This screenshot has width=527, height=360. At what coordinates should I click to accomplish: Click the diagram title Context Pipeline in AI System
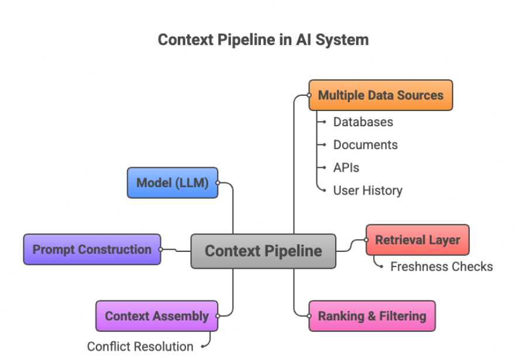(263, 40)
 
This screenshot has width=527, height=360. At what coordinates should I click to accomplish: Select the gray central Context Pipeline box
(263, 251)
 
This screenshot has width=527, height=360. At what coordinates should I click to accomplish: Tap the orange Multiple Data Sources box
(380, 95)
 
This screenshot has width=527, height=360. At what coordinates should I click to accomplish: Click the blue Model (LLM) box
(172, 182)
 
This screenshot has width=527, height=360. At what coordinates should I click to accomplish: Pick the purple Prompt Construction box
(92, 250)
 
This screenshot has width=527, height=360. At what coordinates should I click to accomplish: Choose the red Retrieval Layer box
(417, 240)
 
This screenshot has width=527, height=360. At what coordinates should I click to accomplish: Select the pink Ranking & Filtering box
(372, 316)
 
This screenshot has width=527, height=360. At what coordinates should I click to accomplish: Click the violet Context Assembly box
(156, 316)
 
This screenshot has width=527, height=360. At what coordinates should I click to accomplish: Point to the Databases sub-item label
(363, 122)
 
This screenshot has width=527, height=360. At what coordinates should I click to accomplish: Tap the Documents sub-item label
(365, 145)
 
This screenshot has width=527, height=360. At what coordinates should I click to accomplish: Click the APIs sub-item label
(346, 168)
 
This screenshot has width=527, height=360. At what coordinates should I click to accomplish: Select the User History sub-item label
(367, 191)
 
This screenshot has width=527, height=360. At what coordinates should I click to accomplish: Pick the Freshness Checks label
(441, 266)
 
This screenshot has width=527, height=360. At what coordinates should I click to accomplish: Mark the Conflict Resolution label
(140, 347)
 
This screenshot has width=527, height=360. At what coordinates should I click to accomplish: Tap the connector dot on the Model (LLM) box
(218, 182)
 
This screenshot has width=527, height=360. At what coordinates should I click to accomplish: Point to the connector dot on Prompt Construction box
(161, 250)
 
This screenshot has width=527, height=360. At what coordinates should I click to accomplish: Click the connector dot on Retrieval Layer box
(367, 240)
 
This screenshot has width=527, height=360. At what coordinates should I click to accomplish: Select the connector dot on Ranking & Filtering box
(309, 316)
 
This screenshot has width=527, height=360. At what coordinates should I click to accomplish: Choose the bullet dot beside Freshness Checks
(383, 266)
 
